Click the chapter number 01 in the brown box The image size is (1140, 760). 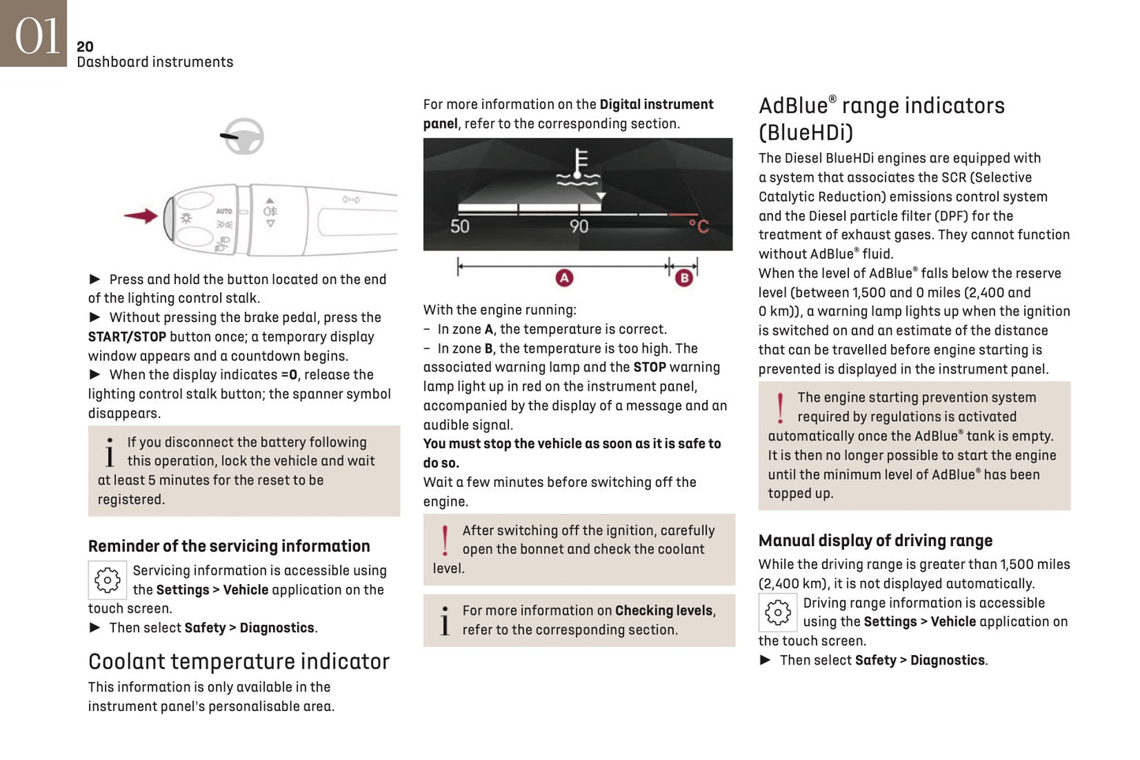click(x=36, y=36)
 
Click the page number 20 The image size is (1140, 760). click(x=84, y=47)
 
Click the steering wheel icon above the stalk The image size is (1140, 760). click(x=243, y=137)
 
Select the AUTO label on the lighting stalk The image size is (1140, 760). click(x=224, y=211)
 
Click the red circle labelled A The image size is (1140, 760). click(x=564, y=278)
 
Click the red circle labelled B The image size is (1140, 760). click(x=684, y=278)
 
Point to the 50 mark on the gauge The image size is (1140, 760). click(x=460, y=227)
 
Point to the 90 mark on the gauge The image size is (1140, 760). click(x=579, y=227)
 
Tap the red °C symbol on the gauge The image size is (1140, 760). click(x=698, y=227)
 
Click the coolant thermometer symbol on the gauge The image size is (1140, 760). click(x=580, y=167)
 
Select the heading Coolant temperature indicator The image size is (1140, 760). click(x=238, y=661)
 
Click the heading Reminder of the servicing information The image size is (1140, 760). click(x=229, y=546)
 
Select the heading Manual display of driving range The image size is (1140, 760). click(x=875, y=541)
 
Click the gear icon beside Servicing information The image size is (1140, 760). click(x=107, y=580)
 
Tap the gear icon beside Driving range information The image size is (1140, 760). click(x=777, y=612)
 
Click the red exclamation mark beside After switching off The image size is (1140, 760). click(x=445, y=541)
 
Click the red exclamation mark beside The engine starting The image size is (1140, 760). click(x=780, y=408)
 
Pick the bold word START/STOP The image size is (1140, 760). click(x=127, y=337)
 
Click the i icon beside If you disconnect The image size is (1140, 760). click(x=110, y=452)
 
